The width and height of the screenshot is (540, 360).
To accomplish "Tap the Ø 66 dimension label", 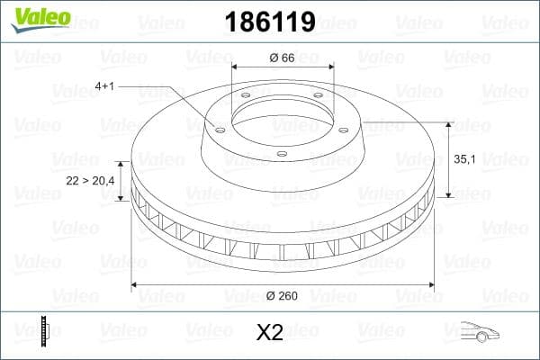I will [282, 58].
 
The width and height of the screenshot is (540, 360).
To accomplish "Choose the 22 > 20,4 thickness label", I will [90, 181].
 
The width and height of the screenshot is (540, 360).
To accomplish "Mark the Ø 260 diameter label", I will [282, 296].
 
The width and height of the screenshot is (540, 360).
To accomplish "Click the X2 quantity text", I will [269, 333].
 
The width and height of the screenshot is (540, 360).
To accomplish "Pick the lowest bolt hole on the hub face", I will [281, 153].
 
